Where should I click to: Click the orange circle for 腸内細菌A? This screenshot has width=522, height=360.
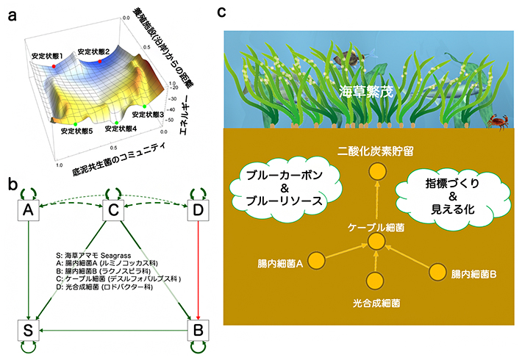click(316, 259)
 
